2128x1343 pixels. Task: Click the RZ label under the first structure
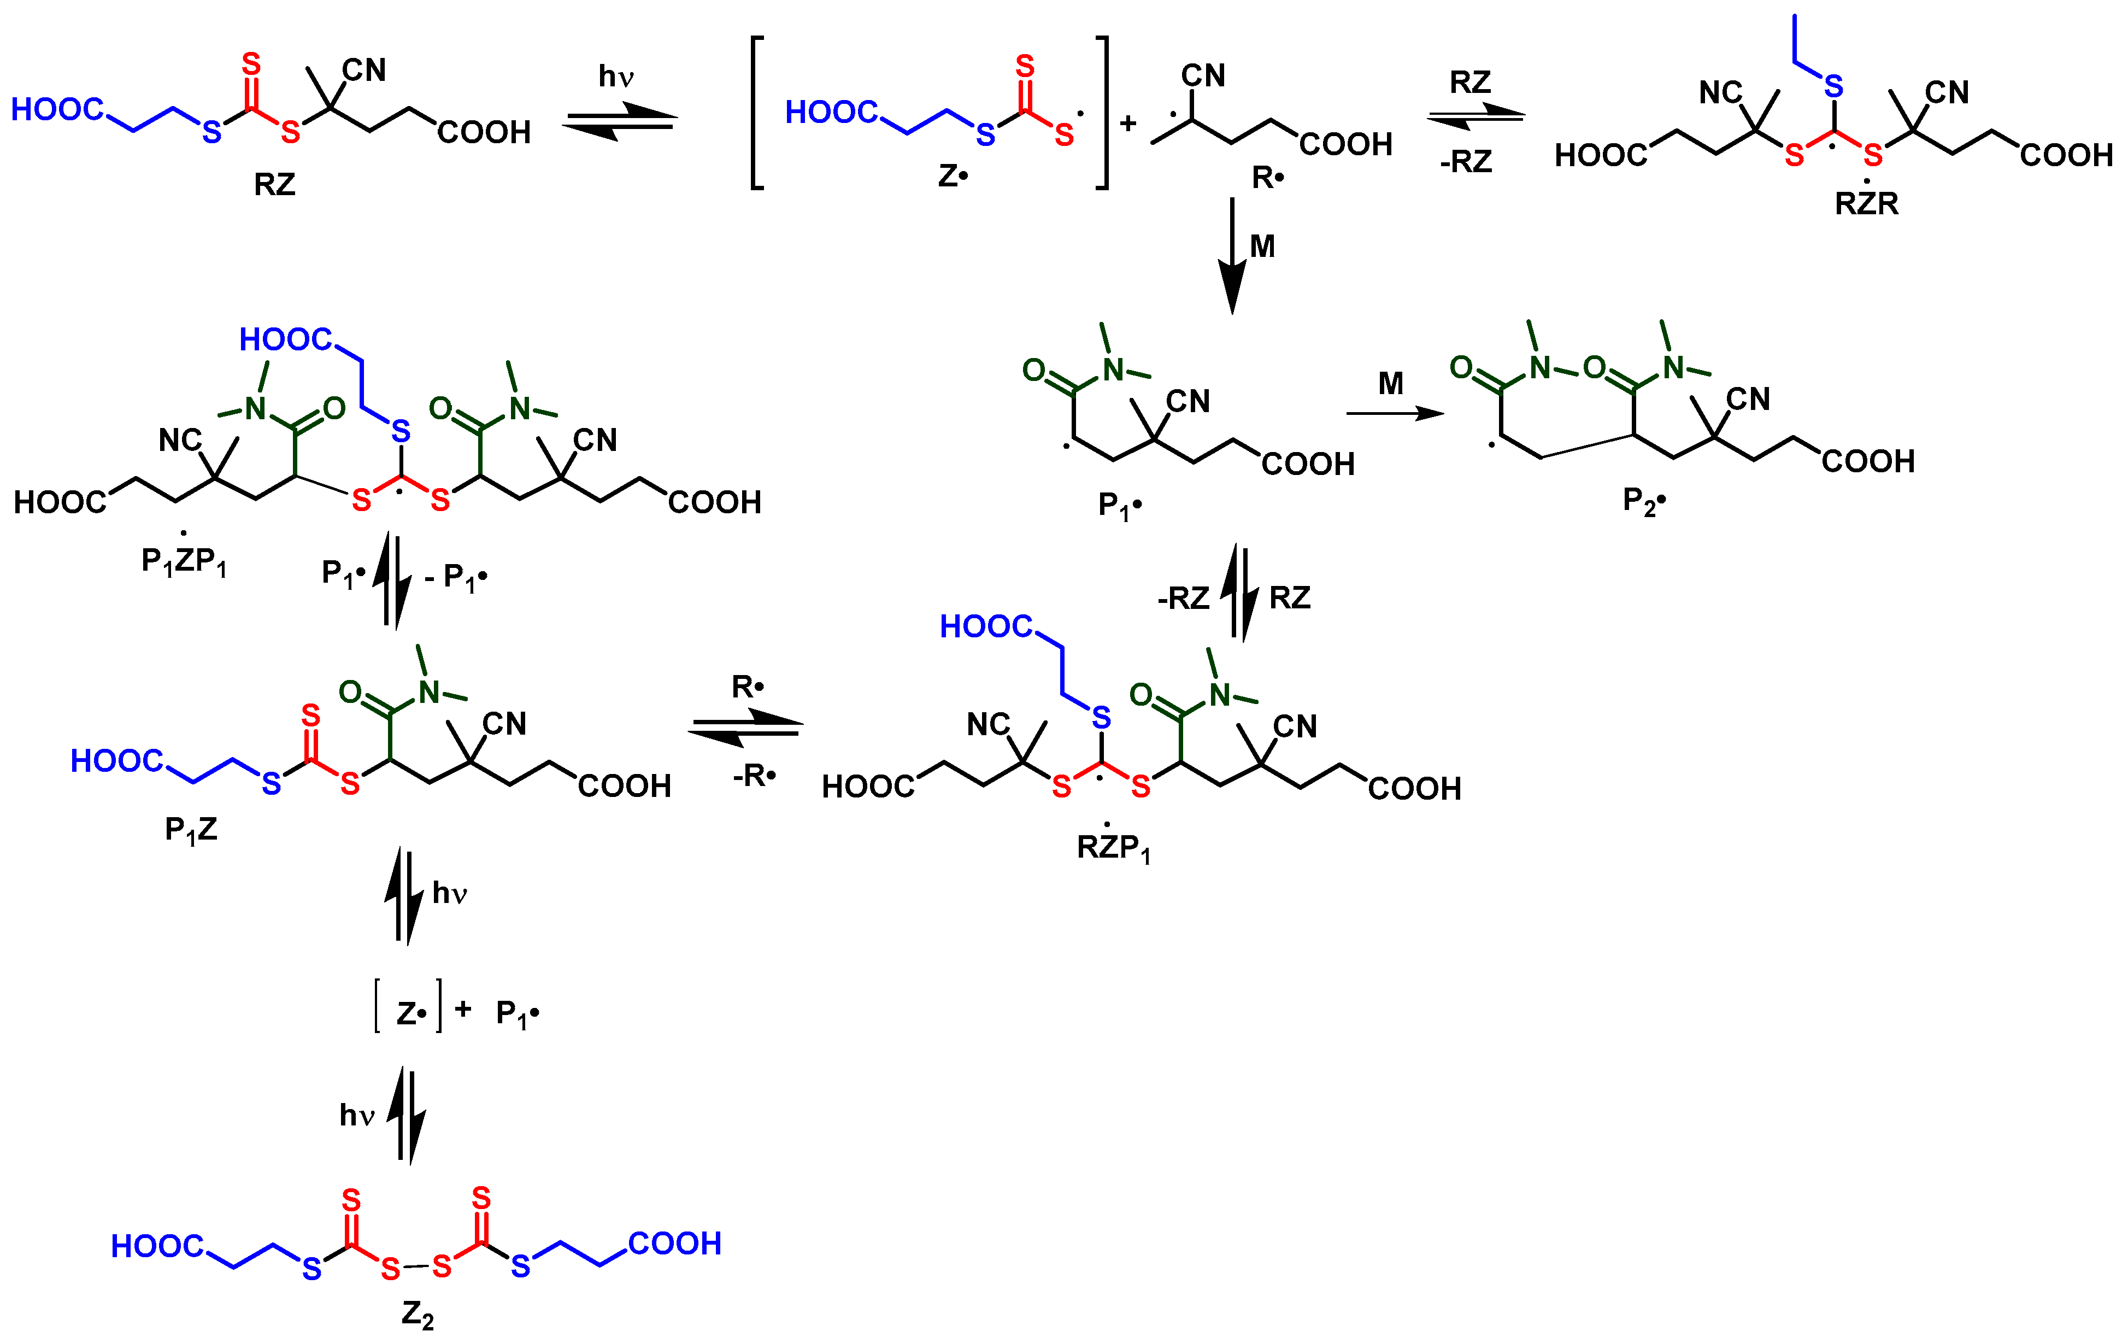pos(274,185)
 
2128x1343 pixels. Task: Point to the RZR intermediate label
pos(1866,203)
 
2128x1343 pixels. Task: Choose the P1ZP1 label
pos(184,561)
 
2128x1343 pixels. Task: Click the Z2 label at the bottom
pos(417,1315)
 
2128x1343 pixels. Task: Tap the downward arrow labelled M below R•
pos(1233,256)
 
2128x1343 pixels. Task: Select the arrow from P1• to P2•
pos(1395,413)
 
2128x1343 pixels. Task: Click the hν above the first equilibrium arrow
pos(616,77)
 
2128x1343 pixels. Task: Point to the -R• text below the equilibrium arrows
pos(754,776)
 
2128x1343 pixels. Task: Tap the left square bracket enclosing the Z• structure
pos(756,113)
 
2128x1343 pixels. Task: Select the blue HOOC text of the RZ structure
pos(56,110)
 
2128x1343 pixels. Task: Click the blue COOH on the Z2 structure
pos(674,1243)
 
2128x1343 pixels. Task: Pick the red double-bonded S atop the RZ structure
pos(252,64)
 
